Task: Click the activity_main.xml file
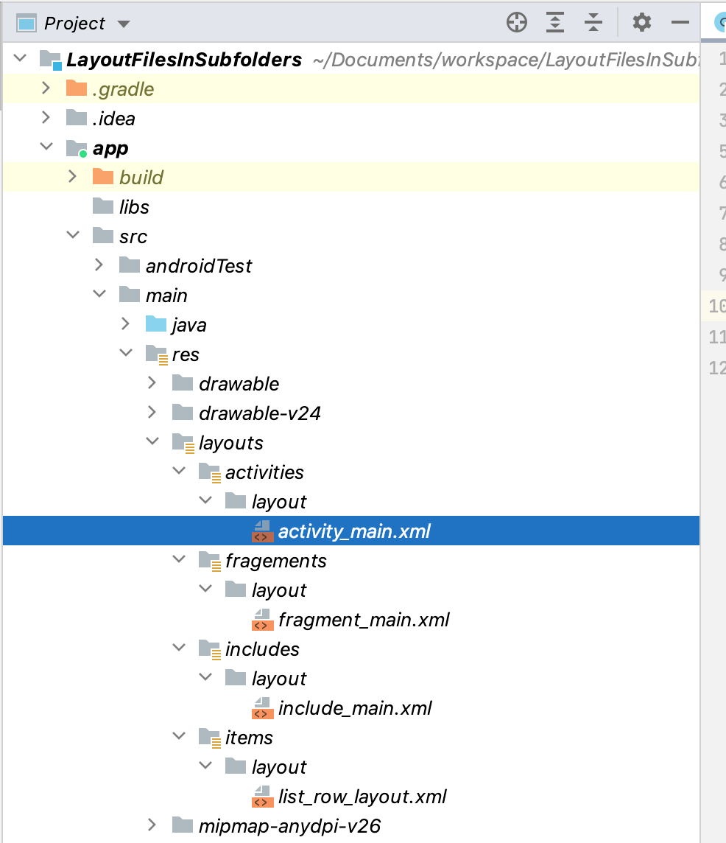pos(353,531)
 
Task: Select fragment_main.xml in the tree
pos(363,620)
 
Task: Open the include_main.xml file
pos(354,708)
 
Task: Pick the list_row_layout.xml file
pos(362,797)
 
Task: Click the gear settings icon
pos(642,23)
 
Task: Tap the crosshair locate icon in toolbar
pos(517,23)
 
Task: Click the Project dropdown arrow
pos(124,24)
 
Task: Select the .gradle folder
pos(123,89)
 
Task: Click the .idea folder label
pos(113,119)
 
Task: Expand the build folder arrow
pos(72,177)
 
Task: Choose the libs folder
pos(134,207)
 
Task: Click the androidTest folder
pos(198,266)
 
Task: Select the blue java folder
pos(188,325)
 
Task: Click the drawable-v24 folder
pos(259,413)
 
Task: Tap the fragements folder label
pos(275,561)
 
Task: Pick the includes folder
pos(262,649)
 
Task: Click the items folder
pos(249,738)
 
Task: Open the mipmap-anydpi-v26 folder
pos(289,826)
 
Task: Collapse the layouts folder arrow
pos(152,442)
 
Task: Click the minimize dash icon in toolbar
pos(680,23)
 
